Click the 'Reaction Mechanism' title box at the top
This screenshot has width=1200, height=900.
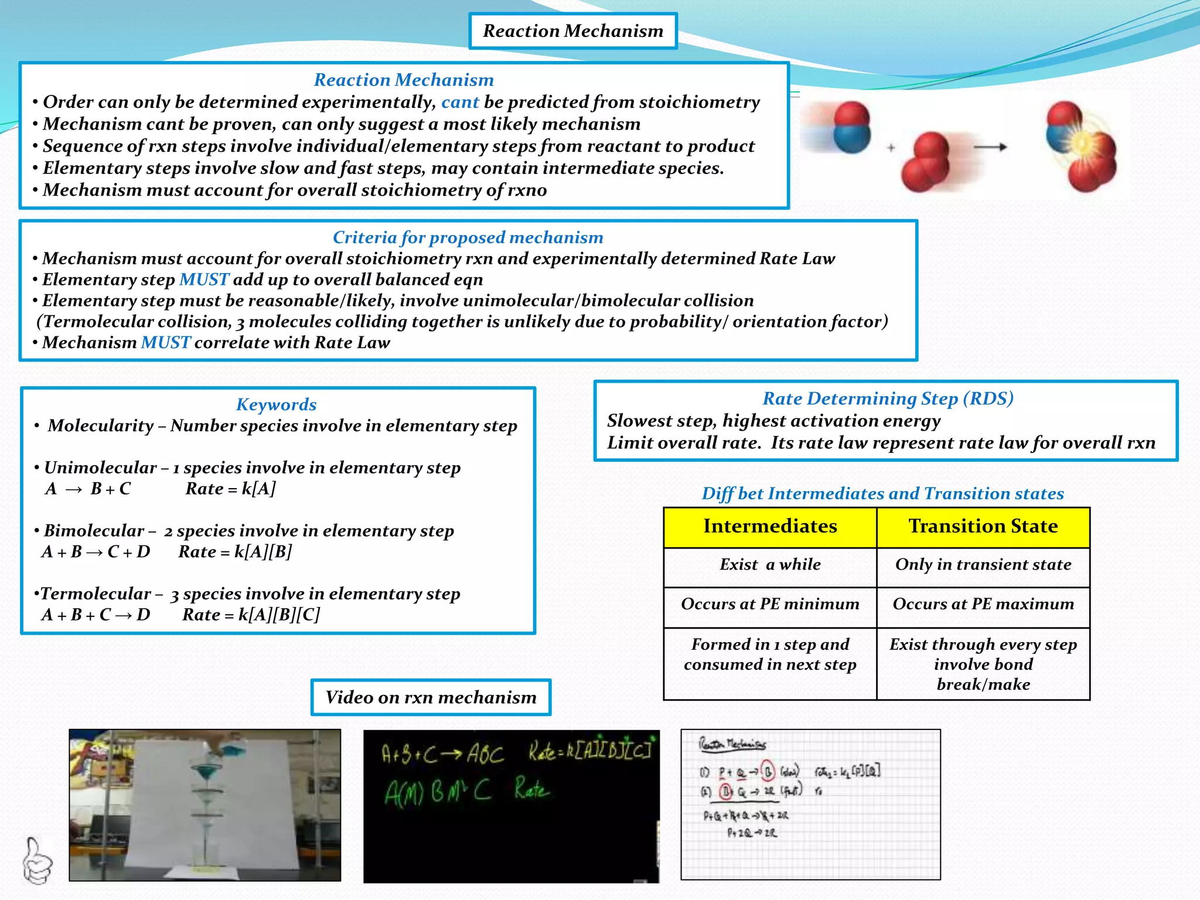tap(572, 31)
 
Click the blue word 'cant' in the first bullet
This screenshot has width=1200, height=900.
tap(460, 102)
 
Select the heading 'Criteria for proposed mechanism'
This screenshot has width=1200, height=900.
tap(468, 237)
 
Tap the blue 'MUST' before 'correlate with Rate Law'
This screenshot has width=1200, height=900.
tap(166, 342)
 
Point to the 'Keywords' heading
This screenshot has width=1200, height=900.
tap(276, 404)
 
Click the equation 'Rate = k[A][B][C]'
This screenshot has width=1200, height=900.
tap(251, 615)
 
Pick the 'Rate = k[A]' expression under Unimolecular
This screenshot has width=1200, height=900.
tap(230, 489)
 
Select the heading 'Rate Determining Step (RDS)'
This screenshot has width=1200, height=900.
tap(888, 398)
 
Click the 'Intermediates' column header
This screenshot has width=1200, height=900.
tap(770, 526)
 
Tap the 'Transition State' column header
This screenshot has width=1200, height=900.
tap(983, 526)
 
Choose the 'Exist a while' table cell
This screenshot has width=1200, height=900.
tap(770, 564)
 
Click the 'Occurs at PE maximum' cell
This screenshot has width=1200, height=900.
tap(983, 604)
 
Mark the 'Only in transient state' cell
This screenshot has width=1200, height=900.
tap(983, 564)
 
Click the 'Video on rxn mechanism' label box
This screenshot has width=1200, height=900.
tap(431, 697)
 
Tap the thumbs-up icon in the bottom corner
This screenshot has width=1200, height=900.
tap(37, 861)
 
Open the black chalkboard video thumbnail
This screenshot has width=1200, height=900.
tap(511, 806)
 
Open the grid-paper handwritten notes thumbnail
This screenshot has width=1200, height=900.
tap(810, 804)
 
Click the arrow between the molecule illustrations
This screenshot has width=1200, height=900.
tap(990, 147)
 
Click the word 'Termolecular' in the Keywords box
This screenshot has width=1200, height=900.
tap(96, 594)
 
